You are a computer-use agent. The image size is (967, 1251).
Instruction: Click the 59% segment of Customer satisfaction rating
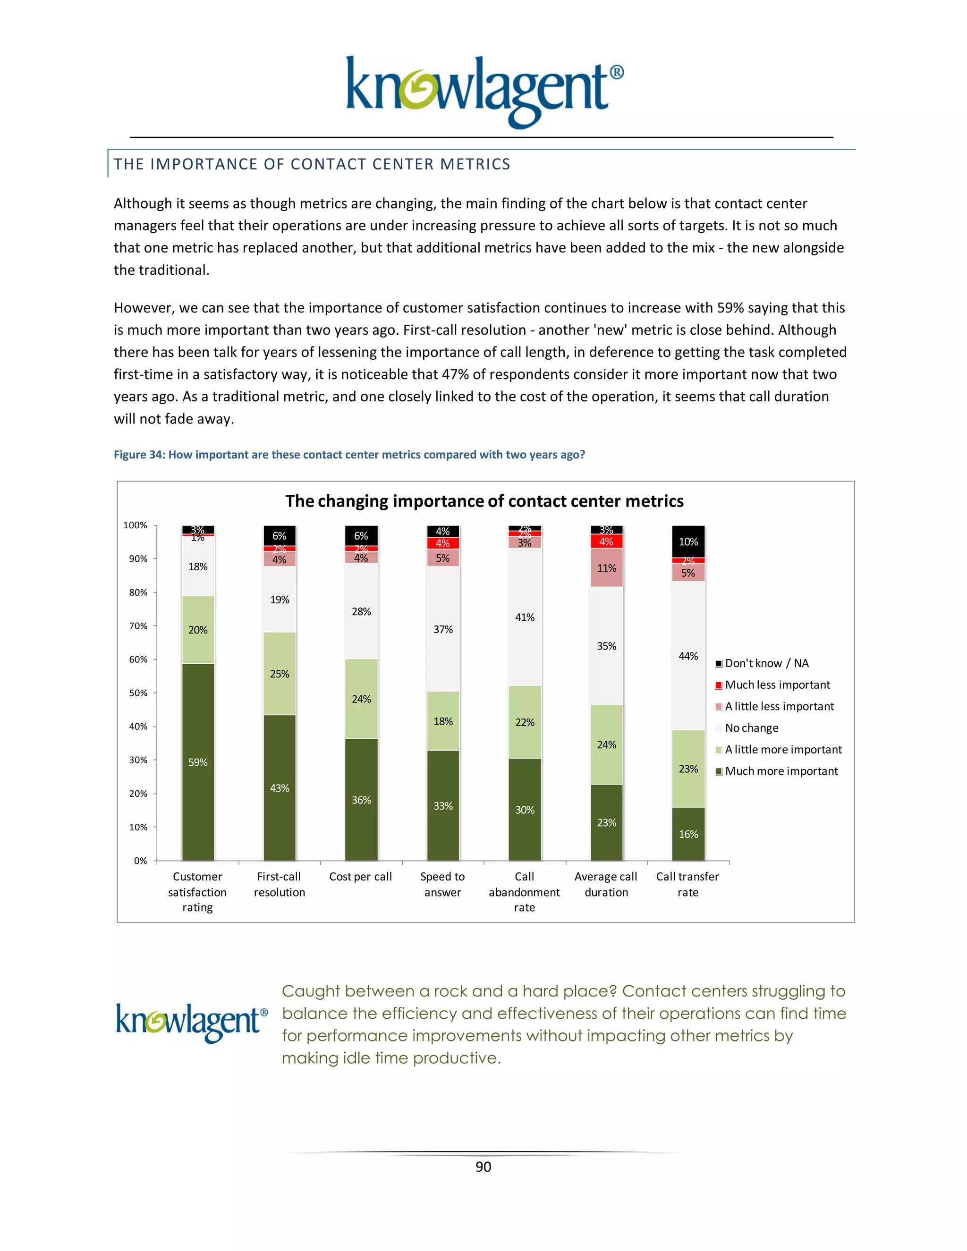pos(198,762)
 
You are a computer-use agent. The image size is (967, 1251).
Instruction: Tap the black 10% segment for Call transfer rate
pos(688,541)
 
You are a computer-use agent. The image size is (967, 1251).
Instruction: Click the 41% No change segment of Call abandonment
pos(524,617)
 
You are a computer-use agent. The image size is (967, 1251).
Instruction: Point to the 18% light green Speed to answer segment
pos(443,721)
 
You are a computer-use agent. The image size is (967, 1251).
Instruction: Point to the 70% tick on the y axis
pos(138,625)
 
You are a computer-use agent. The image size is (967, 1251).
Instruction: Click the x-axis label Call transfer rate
pos(687,884)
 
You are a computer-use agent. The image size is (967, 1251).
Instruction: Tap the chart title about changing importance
pos(484,501)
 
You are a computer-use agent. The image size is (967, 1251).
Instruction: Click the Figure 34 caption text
pos(349,454)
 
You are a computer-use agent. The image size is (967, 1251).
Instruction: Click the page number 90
pos(483,1167)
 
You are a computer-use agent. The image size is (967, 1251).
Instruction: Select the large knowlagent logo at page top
pos(484,92)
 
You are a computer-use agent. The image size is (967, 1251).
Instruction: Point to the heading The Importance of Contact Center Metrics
pos(312,164)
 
